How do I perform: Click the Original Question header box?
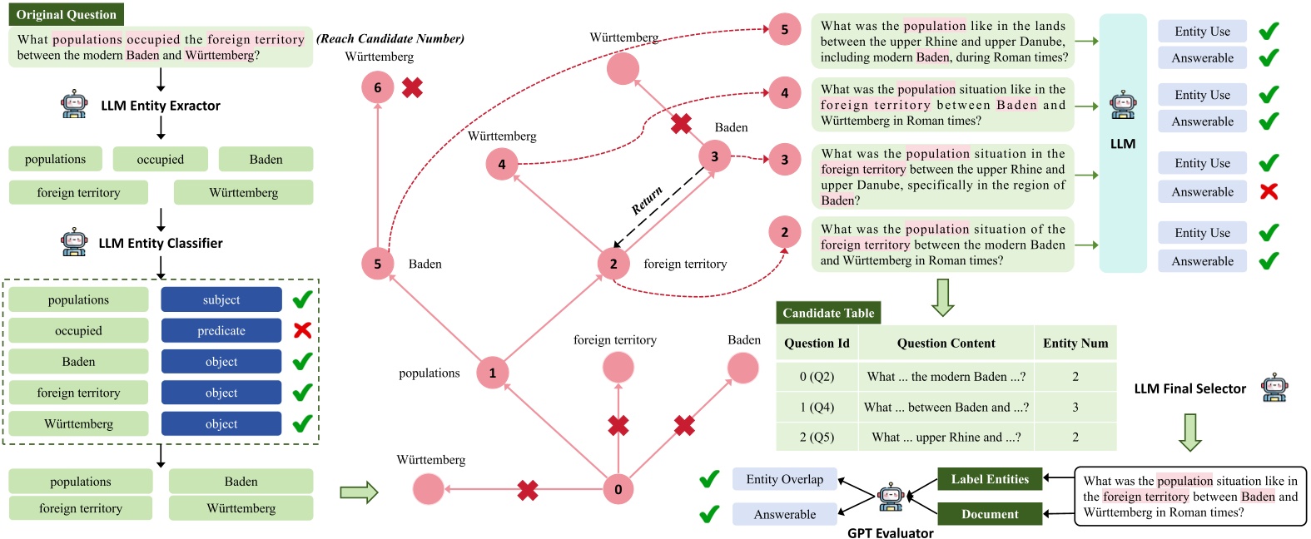pyautogui.click(x=66, y=14)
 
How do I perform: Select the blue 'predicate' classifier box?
pyautogui.click(x=221, y=330)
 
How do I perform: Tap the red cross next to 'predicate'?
pyautogui.click(x=302, y=330)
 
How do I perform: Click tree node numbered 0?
pyautogui.click(x=618, y=489)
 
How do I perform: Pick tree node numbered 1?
pyautogui.click(x=492, y=373)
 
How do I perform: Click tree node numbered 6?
pyautogui.click(x=377, y=87)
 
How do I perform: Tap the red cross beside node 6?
pyautogui.click(x=412, y=87)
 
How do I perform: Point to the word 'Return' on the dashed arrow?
pyautogui.click(x=647, y=200)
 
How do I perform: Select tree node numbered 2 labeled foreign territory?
pyautogui.click(x=613, y=264)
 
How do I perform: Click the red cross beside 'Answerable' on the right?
pyautogui.click(x=1269, y=191)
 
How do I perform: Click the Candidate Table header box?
pyautogui.click(x=828, y=313)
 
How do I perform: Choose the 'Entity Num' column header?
pyautogui.click(x=1075, y=343)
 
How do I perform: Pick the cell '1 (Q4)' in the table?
pyautogui.click(x=817, y=407)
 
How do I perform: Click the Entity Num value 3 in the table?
pyautogui.click(x=1075, y=407)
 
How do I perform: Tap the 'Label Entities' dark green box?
pyautogui.click(x=990, y=479)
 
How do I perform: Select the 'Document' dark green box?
pyautogui.click(x=990, y=514)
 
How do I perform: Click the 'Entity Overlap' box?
pyautogui.click(x=784, y=479)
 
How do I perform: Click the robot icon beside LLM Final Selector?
pyautogui.click(x=1274, y=388)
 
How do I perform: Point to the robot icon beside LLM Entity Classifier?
pyautogui.click(x=74, y=242)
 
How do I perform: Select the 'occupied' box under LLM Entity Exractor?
pyautogui.click(x=161, y=159)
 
